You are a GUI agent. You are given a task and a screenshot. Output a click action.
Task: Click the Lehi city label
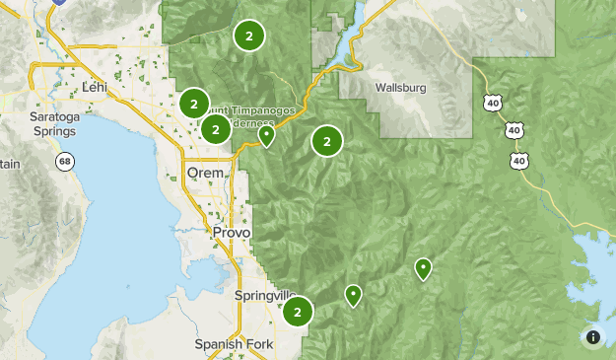click(95, 87)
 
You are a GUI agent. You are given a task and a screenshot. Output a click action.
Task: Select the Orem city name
click(205, 174)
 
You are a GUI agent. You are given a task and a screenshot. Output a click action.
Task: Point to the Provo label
click(232, 232)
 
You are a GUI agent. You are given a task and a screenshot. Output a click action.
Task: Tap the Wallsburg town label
click(400, 87)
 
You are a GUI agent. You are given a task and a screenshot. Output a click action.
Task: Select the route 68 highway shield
click(65, 161)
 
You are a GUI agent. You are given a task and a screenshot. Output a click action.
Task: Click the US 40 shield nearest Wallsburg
click(493, 102)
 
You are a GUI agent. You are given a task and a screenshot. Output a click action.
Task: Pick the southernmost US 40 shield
click(518, 159)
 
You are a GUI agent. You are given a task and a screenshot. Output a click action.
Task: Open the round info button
click(593, 337)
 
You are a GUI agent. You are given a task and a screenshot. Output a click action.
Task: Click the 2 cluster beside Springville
click(298, 313)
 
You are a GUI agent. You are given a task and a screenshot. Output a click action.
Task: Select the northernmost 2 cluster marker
click(249, 36)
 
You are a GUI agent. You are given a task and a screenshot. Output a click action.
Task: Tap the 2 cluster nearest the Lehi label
click(194, 103)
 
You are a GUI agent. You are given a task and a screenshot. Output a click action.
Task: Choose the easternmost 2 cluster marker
click(326, 141)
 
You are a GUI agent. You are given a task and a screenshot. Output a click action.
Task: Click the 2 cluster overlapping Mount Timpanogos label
click(216, 128)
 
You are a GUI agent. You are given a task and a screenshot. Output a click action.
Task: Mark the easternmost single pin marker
click(423, 267)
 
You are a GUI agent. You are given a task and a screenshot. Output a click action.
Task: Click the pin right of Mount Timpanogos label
click(266, 135)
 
